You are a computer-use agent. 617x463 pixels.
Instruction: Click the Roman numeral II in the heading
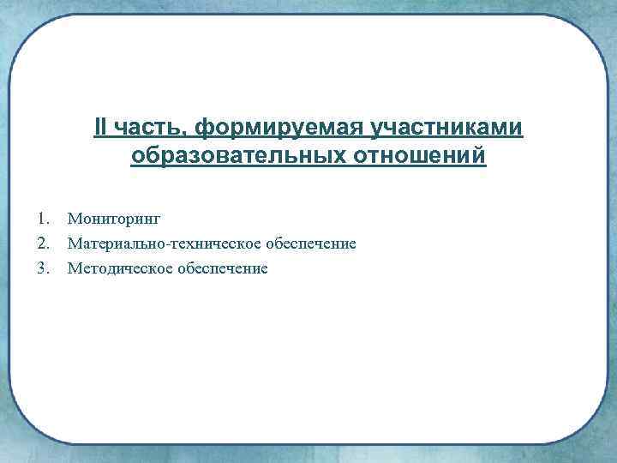[x=101, y=128]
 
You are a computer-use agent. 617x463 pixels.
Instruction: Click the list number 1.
[x=42, y=220]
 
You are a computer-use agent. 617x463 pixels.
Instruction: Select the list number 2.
[x=42, y=244]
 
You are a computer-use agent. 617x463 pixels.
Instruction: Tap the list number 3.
[x=42, y=268]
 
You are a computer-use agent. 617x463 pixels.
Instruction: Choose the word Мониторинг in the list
[x=115, y=220]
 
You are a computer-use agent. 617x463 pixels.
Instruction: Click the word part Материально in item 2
[x=117, y=244]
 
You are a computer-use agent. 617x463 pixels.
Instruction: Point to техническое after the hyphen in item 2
[x=215, y=244]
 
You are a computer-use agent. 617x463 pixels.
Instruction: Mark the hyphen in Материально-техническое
[x=170, y=245]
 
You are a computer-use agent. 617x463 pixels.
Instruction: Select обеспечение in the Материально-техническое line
[x=310, y=244]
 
